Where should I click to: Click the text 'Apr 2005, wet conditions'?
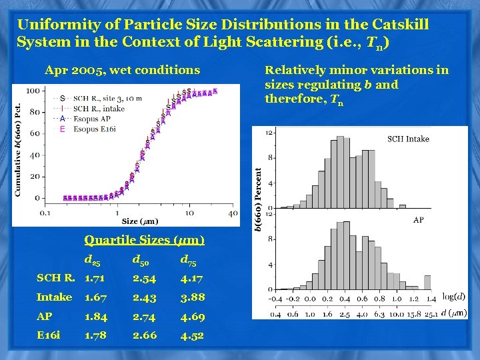tap(122, 69)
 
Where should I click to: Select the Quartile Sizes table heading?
tap(144, 240)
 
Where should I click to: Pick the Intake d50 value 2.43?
tap(145, 297)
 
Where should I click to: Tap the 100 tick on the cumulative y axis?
tap(31, 91)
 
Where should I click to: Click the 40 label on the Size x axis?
tap(233, 213)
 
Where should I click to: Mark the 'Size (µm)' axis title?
tap(140, 221)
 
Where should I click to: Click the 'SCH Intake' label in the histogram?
tap(408, 139)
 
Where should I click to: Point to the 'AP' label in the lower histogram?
tap(419, 219)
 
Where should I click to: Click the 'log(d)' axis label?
tap(454, 297)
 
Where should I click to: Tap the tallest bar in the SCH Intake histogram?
tap(340, 173)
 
